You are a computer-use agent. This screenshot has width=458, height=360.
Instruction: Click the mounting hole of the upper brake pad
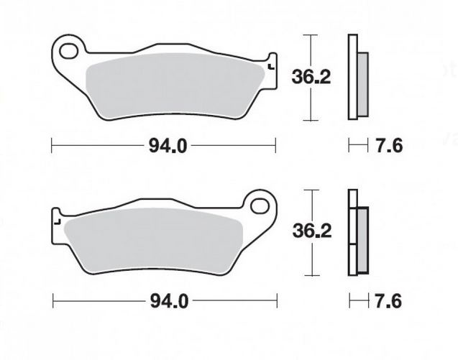(70, 52)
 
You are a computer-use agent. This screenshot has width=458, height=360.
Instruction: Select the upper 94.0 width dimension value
(168, 147)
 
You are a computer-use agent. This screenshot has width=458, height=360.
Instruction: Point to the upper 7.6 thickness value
(389, 147)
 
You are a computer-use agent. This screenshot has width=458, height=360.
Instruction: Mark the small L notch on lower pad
(57, 222)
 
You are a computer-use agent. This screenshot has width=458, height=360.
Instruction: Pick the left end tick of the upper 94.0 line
(52, 147)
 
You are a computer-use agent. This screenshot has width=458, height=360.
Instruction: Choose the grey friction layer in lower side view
(362, 236)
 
